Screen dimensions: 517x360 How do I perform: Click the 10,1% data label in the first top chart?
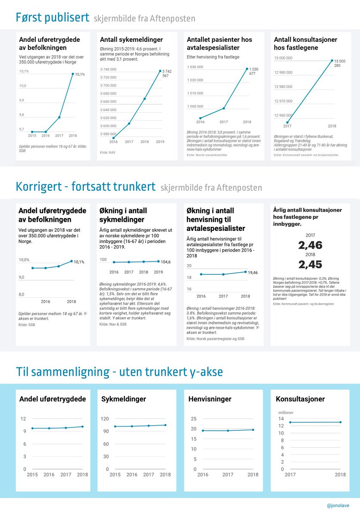pos(80,74)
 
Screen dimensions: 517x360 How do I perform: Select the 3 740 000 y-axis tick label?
pos(108,69)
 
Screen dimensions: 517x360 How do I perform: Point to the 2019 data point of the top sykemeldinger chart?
pos(160,71)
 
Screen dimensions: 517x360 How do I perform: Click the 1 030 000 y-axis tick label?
pos(195,67)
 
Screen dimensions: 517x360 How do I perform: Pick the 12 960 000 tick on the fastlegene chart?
pos(283,115)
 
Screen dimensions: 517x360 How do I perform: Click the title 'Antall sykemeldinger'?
pos(132,40)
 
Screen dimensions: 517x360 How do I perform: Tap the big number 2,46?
pos(310,245)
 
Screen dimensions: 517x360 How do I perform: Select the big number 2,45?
pos(310,264)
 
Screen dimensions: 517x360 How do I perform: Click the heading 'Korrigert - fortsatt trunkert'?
pos(85,187)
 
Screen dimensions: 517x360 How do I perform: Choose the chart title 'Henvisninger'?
pos(210,399)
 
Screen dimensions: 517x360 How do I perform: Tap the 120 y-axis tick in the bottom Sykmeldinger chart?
pos(105,418)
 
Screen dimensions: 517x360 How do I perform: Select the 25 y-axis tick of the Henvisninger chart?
pos(193,418)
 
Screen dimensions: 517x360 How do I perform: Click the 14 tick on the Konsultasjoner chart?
pos(281,419)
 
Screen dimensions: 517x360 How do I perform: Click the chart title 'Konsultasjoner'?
pos(300,399)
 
